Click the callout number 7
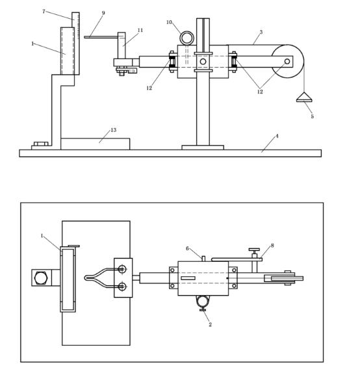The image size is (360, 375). pos(44,11)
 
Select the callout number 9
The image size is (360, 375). pos(103,13)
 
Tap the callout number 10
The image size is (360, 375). pos(169,22)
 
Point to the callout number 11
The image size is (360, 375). pos(140,30)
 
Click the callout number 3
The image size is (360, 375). pos(261,32)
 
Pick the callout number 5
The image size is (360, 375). pos(312,116)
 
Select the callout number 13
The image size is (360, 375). pos(113,130)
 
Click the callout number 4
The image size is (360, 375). pos(277,136)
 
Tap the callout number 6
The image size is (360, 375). pos(187,248)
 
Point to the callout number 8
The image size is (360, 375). pos(272,246)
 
